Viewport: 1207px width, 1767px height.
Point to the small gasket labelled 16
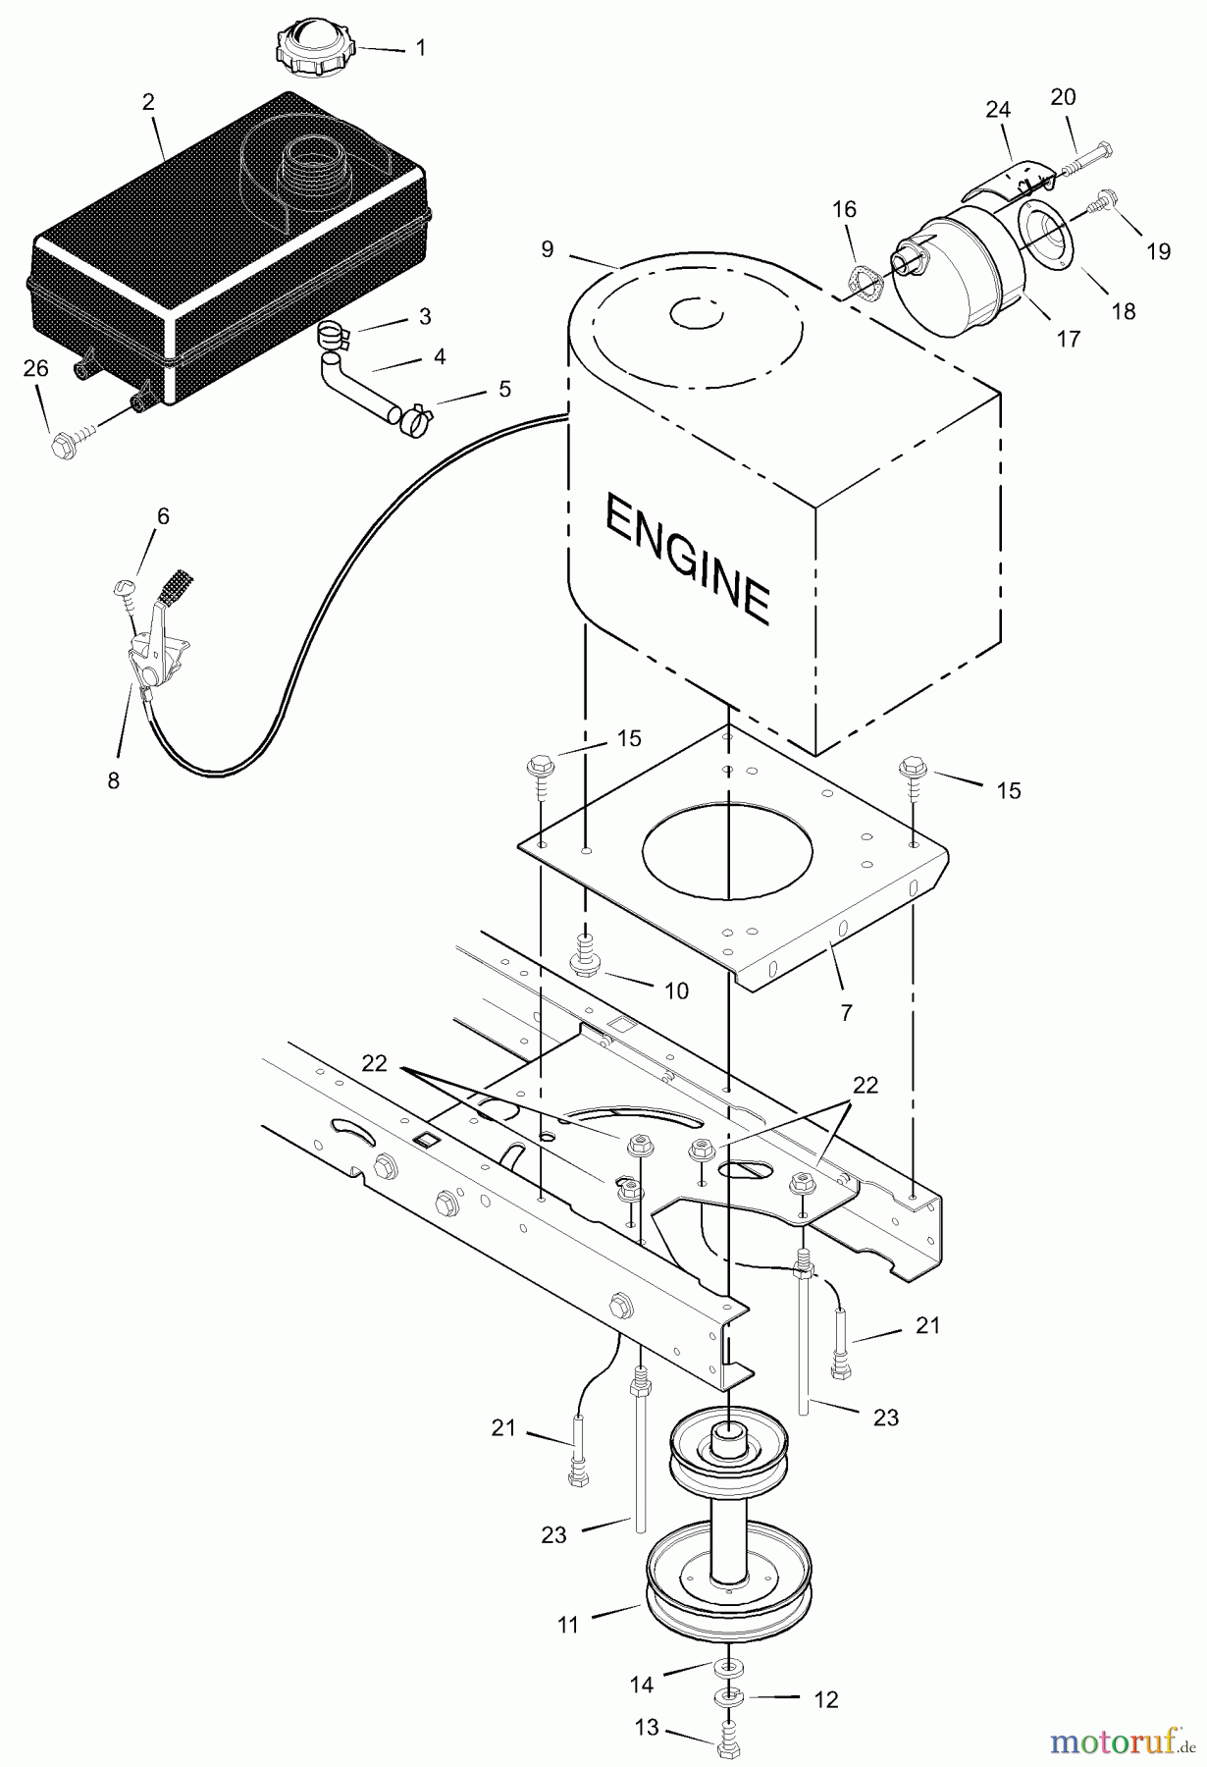863,280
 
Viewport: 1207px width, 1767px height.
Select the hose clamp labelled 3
337,337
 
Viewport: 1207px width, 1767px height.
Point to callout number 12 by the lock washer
826,1699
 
